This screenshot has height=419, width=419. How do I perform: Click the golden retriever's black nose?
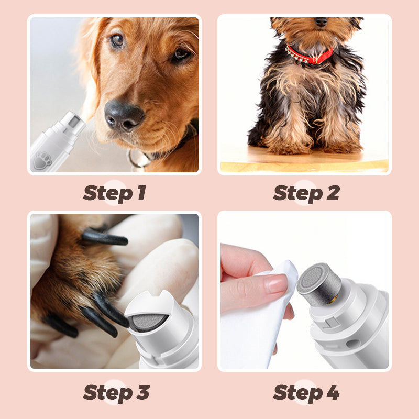pos(124,115)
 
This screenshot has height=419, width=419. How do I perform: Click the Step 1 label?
pos(114,193)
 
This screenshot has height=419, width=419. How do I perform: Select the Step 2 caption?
pos(306,193)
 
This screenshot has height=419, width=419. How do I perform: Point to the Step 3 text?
pos(116,392)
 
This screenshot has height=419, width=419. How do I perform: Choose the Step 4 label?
pos(306,392)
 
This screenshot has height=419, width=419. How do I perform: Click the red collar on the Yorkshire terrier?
pos(310,55)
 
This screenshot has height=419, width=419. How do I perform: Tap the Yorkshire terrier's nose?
pos(321,22)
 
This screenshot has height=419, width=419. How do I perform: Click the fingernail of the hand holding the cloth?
pos(276,284)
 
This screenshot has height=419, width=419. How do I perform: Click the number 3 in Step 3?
pos(142,392)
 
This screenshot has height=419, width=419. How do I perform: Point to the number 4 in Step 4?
pos(332,392)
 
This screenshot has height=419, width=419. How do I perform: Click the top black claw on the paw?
pos(105,239)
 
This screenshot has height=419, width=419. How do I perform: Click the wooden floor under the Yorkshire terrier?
pos(304,163)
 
